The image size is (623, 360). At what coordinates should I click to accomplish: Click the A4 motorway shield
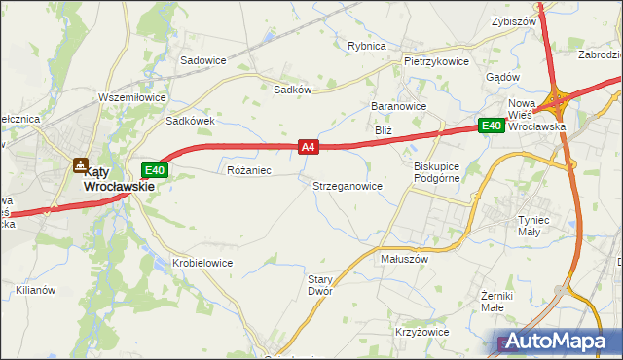(x=308, y=147)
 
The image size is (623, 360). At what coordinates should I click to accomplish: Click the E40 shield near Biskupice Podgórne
(x=490, y=126)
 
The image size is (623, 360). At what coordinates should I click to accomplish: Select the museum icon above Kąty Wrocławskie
(x=82, y=165)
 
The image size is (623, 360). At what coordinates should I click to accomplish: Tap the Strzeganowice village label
(x=347, y=185)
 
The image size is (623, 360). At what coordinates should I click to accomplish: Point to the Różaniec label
(x=247, y=170)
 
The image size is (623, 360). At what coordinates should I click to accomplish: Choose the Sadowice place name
(x=203, y=59)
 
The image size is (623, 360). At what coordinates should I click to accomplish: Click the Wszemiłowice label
(x=133, y=97)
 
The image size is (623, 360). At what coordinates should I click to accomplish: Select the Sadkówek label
(x=189, y=122)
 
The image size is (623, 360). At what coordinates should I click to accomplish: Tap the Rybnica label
(x=367, y=46)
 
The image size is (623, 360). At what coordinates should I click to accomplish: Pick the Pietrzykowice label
(x=436, y=60)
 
